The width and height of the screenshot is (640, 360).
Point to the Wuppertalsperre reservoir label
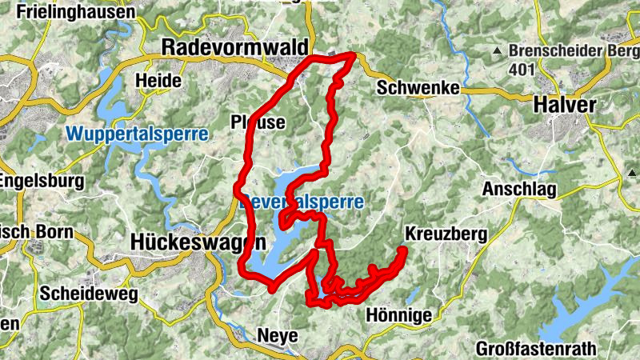pyautogui.click(x=137, y=134)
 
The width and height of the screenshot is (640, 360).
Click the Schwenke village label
pyautogui.click(x=418, y=88)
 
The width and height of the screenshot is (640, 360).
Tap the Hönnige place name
pyautogui.click(x=398, y=315)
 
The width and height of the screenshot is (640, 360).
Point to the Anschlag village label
pyautogui.click(x=518, y=190)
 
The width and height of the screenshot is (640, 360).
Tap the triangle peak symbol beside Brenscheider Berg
pyautogui.click(x=498, y=52)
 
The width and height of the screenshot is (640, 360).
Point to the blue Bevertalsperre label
pyautogui.click(x=302, y=202)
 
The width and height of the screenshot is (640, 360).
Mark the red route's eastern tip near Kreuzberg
pyautogui.click(x=404, y=251)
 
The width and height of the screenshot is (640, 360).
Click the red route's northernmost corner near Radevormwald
pyautogui.click(x=354, y=54)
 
